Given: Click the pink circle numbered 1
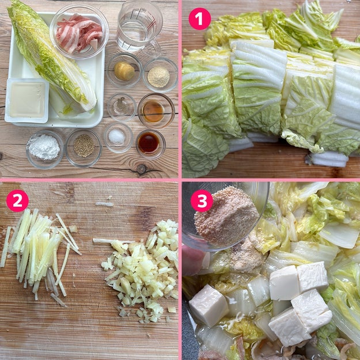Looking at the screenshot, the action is tap(199, 18).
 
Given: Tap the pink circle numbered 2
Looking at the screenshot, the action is tap(17, 200).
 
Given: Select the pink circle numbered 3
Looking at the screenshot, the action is tap(202, 200).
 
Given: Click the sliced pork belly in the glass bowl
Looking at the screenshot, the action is tap(79, 32).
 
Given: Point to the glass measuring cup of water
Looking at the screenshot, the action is tap(139, 27).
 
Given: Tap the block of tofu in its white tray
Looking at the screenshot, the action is tap(27, 100).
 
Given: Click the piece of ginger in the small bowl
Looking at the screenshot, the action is tap(124, 71).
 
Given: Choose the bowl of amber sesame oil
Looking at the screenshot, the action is tap(156, 111).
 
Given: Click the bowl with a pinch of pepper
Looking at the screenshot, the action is tap(122, 107).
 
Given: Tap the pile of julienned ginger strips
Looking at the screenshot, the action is tap(39, 255).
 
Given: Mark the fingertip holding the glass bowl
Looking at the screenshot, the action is tap(192, 260).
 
